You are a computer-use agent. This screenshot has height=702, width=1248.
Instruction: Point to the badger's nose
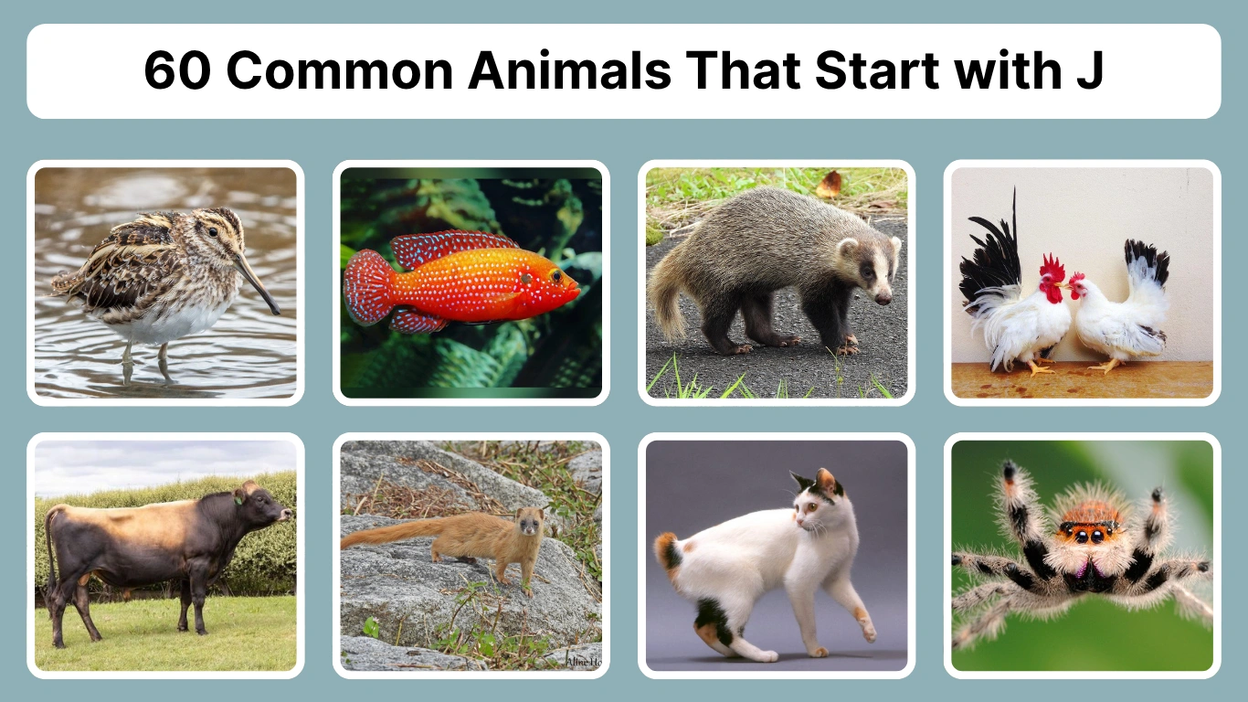pos(884,298)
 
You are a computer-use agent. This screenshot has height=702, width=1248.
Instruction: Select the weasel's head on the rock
pos(528,524)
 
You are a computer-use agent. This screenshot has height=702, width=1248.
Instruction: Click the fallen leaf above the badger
pos(830,184)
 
